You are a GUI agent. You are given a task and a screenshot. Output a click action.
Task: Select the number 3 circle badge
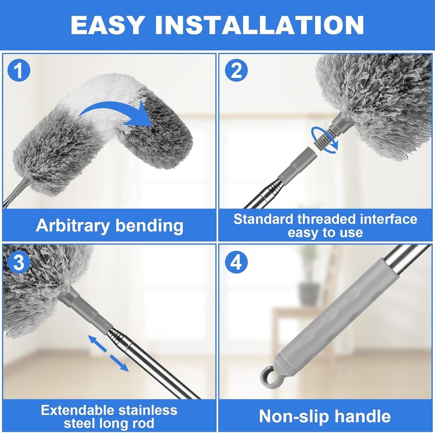[19, 262]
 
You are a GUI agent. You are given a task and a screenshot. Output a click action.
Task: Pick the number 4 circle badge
[236, 262]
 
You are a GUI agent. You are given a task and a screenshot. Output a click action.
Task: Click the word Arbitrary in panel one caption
[72, 225]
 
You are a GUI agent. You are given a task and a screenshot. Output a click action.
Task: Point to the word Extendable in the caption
[78, 410]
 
